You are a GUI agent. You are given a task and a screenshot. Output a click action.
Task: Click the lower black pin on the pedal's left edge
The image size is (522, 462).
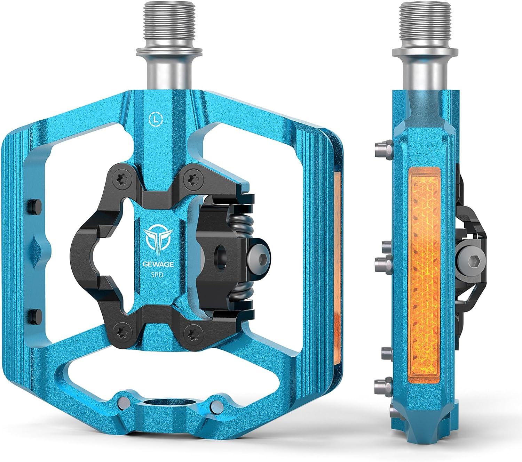[34, 315]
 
